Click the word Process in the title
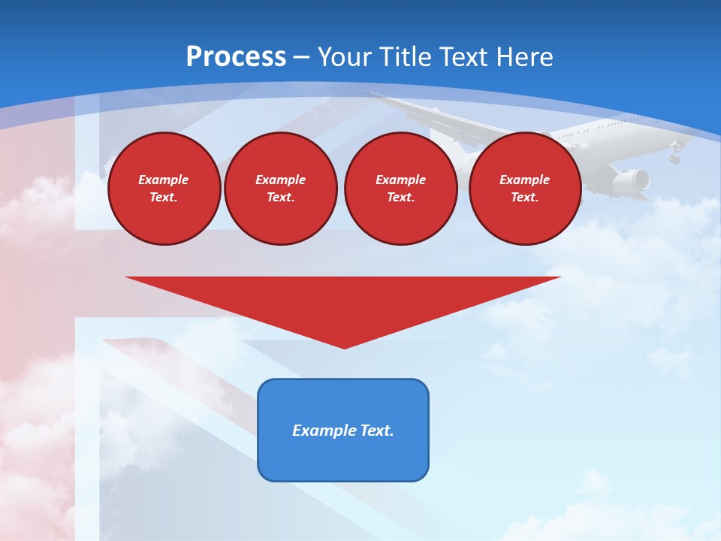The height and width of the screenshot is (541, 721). (236, 57)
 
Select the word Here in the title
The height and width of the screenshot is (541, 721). (523, 57)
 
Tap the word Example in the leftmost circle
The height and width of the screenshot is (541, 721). (164, 180)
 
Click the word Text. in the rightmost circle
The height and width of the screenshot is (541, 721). (525, 197)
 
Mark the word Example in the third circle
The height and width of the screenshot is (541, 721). (400, 180)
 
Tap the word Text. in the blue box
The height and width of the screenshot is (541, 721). (376, 431)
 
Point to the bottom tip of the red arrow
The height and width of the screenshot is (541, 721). (344, 348)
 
